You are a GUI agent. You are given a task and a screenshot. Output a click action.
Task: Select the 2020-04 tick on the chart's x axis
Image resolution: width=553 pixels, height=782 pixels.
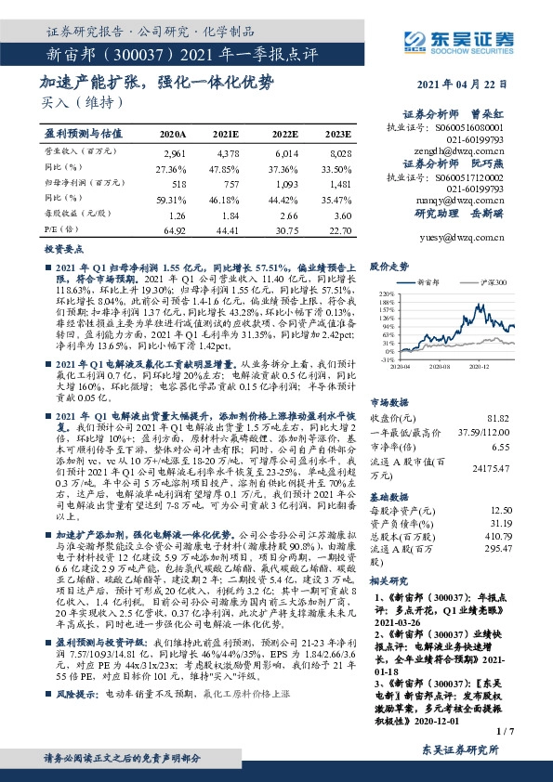(x=401, y=368)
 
